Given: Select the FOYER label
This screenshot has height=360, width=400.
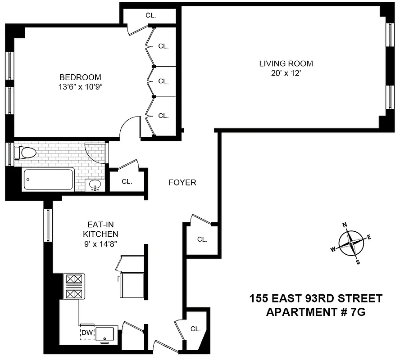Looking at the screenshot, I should [x=182, y=183].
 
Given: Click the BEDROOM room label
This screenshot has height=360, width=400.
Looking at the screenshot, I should [x=81, y=77].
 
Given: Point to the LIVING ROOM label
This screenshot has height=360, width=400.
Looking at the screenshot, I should [x=286, y=63].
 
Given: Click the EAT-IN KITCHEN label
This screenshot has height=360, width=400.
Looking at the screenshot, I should [x=100, y=229].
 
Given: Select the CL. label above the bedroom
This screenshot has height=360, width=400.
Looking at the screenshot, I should [x=151, y=15].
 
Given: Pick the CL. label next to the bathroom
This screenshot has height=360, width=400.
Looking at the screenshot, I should [x=127, y=182].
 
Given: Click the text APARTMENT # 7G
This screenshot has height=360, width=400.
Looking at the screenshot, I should [x=316, y=312].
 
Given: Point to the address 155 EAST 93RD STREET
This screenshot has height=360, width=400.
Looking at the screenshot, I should [x=316, y=298].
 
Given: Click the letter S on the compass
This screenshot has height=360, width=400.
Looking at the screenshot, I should [x=358, y=262].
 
